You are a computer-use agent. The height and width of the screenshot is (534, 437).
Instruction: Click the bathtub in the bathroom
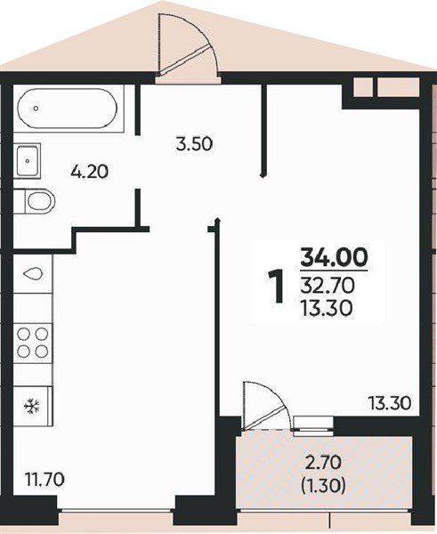coord(68,109)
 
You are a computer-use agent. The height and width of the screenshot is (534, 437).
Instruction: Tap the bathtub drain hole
coord(36,109)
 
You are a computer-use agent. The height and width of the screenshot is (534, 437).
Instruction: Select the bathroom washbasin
coord(28,161)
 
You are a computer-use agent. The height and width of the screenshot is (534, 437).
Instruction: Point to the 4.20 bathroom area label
coord(90,172)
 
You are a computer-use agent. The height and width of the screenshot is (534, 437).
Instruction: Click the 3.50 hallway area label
coord(195,144)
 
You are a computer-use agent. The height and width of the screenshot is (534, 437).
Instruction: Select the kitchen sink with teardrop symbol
coord(33,273)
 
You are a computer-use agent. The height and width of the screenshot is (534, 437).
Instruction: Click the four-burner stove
coord(33,343)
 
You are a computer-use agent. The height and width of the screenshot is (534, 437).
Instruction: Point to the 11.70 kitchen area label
coord(45,481)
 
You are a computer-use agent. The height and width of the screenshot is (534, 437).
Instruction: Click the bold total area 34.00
coord(334,257)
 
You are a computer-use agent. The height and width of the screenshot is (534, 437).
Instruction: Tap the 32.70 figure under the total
coord(328,286)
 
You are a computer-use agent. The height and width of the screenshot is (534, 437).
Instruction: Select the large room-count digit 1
coord(276,286)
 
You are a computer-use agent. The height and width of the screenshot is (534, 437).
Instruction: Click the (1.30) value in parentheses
coord(323,486)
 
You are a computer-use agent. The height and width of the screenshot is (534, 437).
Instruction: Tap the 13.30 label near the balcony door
coord(390,403)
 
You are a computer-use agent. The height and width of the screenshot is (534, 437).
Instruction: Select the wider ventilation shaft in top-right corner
coord(398,87)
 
